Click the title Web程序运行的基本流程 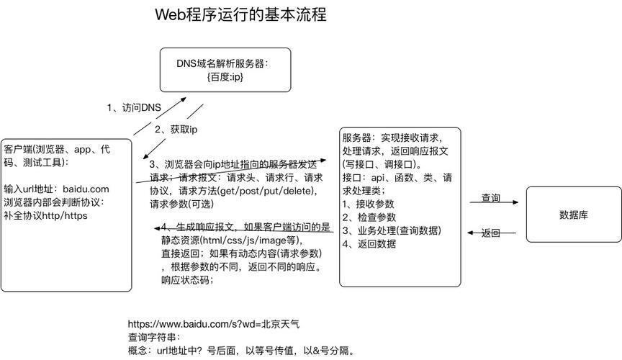(240, 14)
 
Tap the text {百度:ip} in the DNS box (225, 76)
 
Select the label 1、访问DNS (134, 107)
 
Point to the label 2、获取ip (176, 130)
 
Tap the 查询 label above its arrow (491, 197)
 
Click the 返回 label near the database (491, 233)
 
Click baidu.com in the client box (86, 189)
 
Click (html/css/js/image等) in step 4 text (249, 240)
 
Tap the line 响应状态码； (187, 280)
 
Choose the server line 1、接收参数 (368, 204)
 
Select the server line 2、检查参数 (369, 217)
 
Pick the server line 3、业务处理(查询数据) (392, 230)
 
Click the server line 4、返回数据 (369, 243)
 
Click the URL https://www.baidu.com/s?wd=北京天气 (214, 324)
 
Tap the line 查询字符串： (154, 338)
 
